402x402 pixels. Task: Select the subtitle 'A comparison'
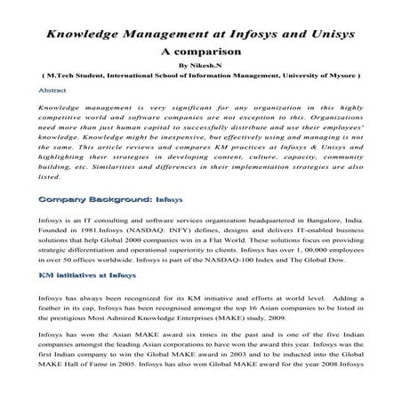pyautogui.click(x=200, y=52)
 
